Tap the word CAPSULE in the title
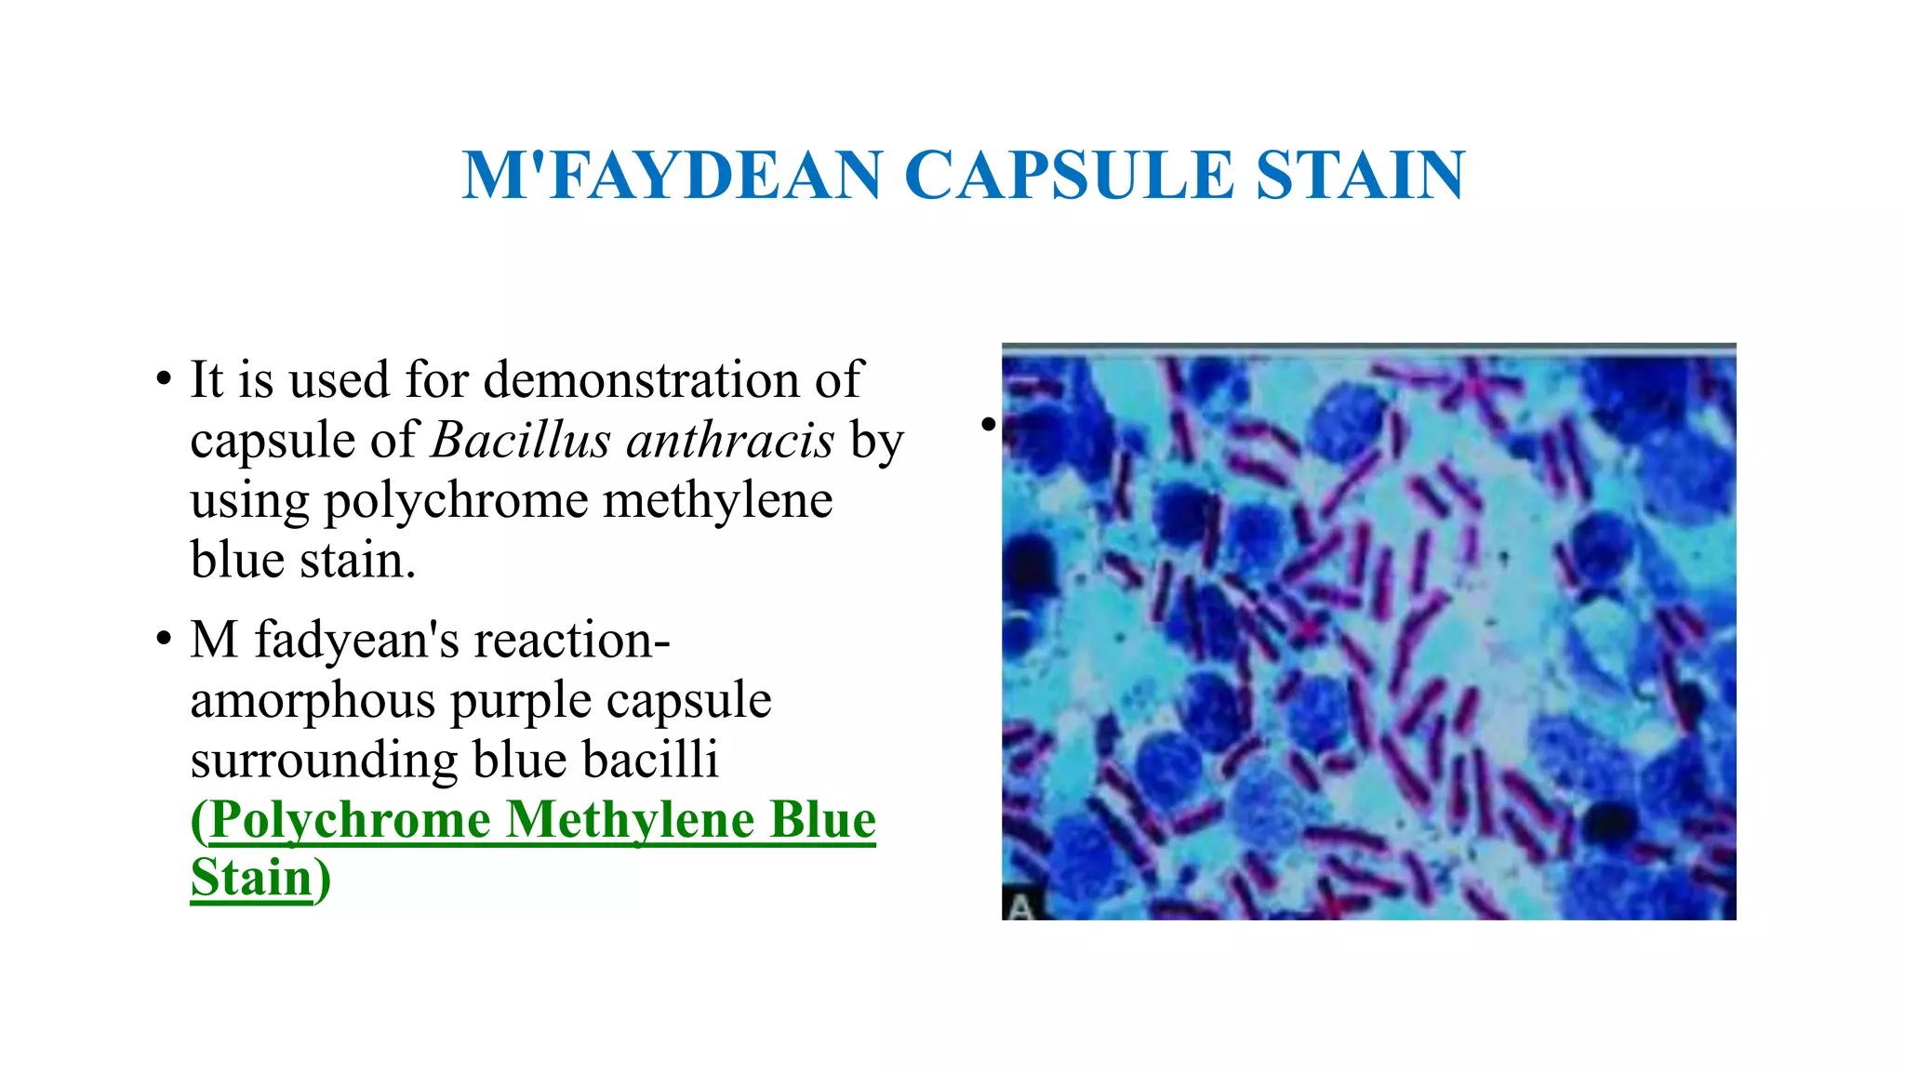coord(1068,175)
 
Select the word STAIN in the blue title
coord(1360,175)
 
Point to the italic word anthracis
coord(730,440)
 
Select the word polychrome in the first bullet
coord(455,502)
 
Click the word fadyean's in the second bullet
coord(357,641)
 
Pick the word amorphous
coord(313,700)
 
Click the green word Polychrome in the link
coord(350,821)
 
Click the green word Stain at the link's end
coord(251,878)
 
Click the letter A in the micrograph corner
coord(1020,906)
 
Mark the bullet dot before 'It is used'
coord(164,379)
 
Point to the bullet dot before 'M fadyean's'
coord(164,640)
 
